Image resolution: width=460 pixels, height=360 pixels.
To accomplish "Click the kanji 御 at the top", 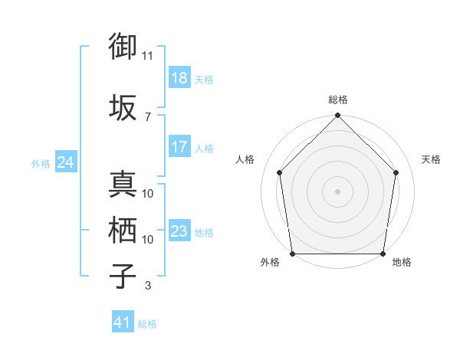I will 123,47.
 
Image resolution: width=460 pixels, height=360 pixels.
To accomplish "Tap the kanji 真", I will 123,184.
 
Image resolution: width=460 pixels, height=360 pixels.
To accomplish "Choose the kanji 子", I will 123,276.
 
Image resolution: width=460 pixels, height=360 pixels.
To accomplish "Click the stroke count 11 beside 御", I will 148,56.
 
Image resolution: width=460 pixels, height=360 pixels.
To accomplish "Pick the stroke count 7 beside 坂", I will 148,116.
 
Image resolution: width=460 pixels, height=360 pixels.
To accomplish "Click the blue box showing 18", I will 179,79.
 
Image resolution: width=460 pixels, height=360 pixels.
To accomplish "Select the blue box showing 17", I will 179,148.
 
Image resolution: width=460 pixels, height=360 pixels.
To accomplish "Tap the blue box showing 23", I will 179,232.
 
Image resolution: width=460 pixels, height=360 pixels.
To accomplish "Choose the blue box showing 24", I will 65,163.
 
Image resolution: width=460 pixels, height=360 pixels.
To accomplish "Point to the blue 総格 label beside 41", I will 148,324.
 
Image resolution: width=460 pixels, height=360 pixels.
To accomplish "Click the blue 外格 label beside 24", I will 41,164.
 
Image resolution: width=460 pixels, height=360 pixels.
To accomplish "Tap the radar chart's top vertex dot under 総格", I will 337,116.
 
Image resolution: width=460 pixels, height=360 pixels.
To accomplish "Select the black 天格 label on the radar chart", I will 432,159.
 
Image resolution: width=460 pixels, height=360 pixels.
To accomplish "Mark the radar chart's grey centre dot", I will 337,191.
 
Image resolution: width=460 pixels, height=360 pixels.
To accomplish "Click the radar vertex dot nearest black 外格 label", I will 292,254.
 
